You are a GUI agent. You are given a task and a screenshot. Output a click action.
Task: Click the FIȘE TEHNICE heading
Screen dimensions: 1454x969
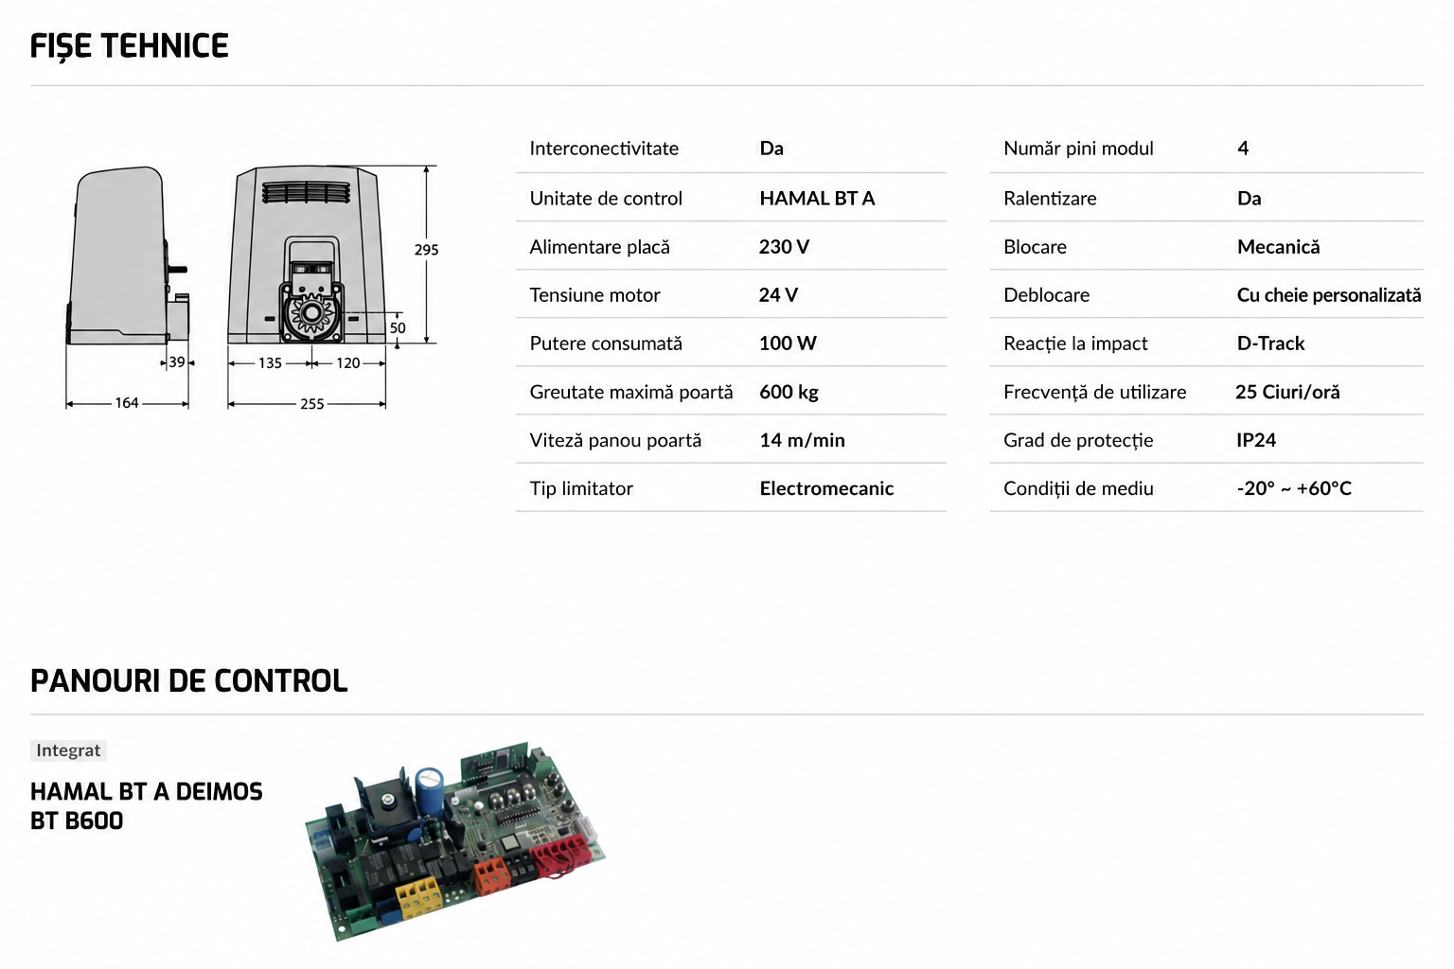click(129, 46)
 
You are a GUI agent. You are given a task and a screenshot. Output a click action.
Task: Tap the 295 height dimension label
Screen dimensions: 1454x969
click(427, 250)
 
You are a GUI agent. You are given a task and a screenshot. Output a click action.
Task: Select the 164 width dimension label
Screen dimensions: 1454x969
click(127, 403)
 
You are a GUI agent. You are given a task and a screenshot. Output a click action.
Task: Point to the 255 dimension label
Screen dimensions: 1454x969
click(311, 404)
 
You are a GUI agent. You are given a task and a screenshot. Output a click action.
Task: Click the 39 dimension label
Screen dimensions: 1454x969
click(177, 362)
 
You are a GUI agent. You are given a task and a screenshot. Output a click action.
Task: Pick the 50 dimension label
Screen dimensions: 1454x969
click(398, 327)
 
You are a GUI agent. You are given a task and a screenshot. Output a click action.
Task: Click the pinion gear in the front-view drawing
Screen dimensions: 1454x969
click(311, 314)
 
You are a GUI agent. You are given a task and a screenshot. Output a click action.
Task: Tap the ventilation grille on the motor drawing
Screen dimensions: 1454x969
click(306, 193)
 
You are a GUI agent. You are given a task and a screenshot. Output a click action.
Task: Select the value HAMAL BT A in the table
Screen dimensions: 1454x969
click(817, 198)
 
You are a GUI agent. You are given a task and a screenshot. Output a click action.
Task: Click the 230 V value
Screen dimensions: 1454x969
click(784, 247)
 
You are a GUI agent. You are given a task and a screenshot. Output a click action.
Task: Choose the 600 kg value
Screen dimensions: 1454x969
click(789, 392)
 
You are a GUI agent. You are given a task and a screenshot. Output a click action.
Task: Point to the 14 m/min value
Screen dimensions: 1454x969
click(803, 440)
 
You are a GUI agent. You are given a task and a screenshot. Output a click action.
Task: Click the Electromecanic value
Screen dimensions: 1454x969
click(826, 488)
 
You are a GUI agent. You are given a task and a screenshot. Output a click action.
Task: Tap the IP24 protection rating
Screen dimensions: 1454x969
click(1256, 440)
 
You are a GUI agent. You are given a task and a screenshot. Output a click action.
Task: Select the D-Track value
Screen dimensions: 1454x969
click(1270, 344)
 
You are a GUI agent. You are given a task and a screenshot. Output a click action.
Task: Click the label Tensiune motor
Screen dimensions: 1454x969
click(594, 295)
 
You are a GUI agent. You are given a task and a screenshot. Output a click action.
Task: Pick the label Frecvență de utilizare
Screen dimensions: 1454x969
click(1094, 392)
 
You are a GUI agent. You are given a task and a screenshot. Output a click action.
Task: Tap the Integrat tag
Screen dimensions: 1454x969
click(68, 750)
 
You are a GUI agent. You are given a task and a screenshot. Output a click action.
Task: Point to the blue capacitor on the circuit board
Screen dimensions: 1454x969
click(429, 787)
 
